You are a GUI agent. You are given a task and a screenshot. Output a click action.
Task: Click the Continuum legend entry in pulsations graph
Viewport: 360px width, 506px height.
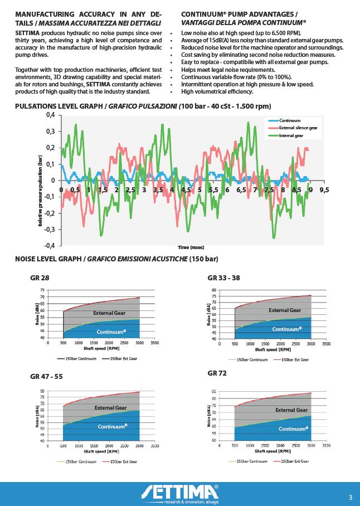pos(290,120)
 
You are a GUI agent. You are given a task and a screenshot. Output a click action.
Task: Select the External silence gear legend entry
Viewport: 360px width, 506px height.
pos(298,128)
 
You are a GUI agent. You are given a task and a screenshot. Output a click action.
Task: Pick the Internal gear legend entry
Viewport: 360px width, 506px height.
pos(290,136)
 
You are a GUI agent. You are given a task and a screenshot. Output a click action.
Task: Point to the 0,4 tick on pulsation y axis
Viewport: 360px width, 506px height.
pos(50,115)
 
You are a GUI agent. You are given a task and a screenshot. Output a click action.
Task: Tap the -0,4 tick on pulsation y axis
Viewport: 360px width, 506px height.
pos(50,245)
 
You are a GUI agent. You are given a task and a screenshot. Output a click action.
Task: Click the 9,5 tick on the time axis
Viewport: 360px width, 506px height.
pos(324,189)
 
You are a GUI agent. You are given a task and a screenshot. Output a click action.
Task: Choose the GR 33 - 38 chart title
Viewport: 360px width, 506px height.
pos(223,278)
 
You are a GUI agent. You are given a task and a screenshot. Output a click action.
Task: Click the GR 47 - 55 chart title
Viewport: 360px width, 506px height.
pos(46,377)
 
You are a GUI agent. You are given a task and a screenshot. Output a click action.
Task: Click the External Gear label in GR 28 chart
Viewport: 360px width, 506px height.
pos(109,313)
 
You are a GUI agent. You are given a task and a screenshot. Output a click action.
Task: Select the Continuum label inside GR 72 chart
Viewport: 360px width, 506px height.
pos(293,429)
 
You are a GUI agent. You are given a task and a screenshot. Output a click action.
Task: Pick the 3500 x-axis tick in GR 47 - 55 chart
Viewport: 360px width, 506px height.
pos(155,446)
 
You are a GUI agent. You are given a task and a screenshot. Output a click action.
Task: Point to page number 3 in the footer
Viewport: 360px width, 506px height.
pos(350,497)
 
